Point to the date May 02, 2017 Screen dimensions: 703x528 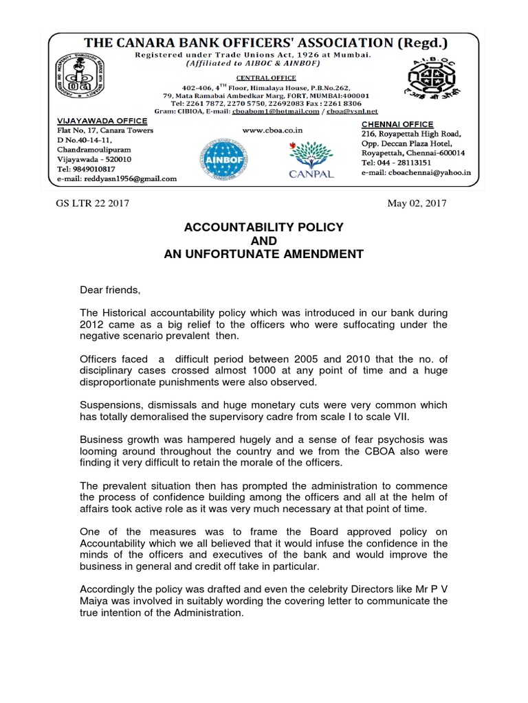point(417,203)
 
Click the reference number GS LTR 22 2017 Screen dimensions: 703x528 point(92,203)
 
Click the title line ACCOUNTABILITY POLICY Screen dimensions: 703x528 point(263,227)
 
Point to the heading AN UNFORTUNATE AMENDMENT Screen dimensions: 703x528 point(263,255)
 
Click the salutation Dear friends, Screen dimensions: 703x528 point(110,290)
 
